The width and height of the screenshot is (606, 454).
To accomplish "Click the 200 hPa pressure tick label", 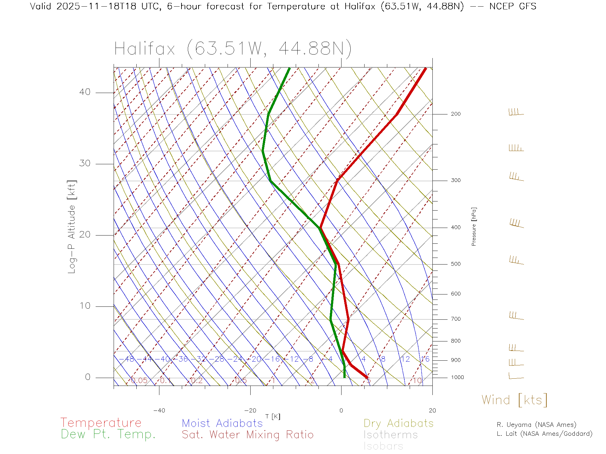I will pos(455,114).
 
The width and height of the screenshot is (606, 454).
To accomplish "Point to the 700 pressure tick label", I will pos(455,319).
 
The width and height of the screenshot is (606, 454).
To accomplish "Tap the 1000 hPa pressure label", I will pos(457,377).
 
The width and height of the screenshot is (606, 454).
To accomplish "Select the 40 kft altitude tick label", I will pos(85,92).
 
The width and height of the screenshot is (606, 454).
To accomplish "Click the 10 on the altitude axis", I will pos(85,306).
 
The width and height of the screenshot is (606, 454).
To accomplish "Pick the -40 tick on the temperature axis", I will pos(159,410).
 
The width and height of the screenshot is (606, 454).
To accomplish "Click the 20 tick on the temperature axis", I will pos(432,410).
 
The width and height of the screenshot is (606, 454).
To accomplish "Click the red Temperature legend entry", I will pos(101,423).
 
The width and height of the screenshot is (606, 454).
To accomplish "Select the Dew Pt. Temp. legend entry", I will pos(108,434).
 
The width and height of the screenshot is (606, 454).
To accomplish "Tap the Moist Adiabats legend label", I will pos(222,423).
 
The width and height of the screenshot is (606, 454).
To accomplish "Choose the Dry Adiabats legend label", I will pos(398,423).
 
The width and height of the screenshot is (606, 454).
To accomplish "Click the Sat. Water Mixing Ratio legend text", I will pos(247,435).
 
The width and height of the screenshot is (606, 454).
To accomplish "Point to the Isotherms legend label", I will pos(390,435).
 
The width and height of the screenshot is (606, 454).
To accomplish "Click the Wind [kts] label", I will pos(514,400).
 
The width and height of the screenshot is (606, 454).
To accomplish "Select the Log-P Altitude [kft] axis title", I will pos(72,227).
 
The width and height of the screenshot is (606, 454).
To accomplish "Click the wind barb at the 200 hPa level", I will pos(516,112).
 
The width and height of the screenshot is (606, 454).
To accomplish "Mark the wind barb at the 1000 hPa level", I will pos(516,376).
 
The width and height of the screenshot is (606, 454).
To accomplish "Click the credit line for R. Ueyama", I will pos(536,425).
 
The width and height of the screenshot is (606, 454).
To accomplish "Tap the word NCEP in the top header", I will pos(501,6).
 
